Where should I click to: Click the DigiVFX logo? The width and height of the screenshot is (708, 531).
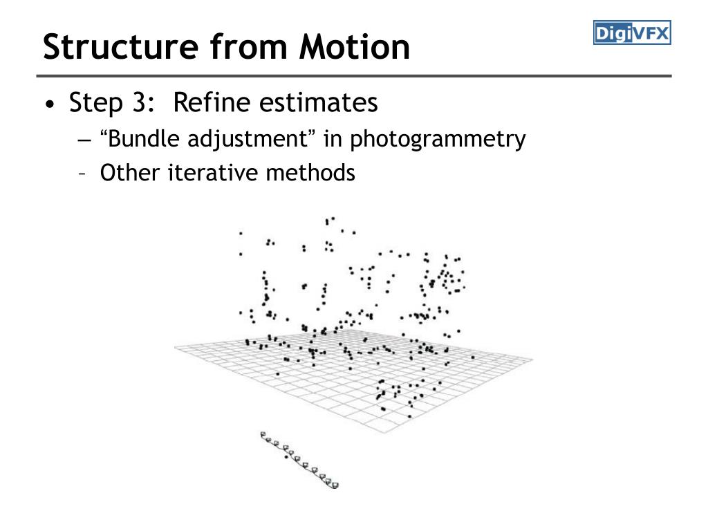(632, 32)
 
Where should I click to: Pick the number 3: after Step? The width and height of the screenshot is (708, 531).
(138, 103)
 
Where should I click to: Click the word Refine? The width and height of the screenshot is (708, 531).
(211, 103)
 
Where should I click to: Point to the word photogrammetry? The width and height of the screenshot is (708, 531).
(437, 140)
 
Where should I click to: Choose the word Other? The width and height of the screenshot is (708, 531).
(130, 172)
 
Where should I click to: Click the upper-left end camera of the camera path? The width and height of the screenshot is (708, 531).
(264, 435)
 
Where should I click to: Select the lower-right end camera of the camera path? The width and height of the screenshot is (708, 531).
(335, 485)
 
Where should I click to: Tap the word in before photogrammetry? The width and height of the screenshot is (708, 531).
(333, 139)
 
